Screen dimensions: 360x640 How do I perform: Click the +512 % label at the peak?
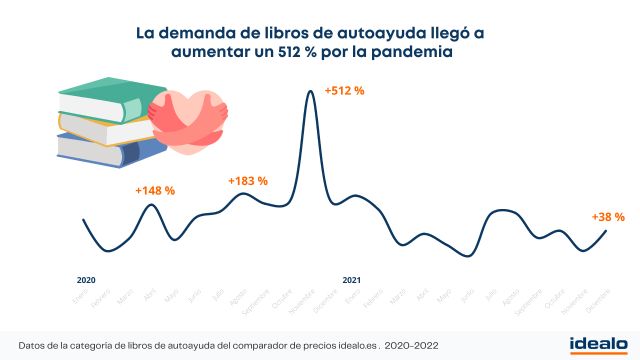(344, 91)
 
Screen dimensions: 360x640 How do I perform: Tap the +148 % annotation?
(155, 190)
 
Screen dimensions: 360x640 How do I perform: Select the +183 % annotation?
(247, 181)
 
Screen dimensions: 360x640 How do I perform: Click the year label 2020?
(86, 280)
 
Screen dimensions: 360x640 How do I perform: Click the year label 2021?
(351, 280)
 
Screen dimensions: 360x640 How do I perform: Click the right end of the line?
(606, 230)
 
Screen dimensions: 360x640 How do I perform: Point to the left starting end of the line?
(83, 219)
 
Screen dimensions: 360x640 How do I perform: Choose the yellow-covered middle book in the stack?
(100, 125)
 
